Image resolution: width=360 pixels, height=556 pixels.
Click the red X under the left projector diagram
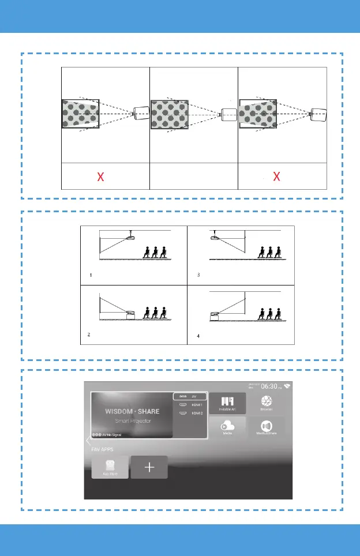101,176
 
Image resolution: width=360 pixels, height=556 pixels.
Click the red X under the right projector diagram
276,176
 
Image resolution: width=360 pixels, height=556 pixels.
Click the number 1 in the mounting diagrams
91,275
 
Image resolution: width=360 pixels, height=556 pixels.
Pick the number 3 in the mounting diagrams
198,275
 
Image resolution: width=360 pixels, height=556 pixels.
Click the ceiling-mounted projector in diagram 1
132,237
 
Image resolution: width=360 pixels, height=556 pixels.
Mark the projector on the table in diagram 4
215,315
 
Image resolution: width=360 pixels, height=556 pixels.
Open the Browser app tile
267,401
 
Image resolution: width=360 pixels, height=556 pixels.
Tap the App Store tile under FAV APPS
110,466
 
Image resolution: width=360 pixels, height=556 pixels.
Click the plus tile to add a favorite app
149,467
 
